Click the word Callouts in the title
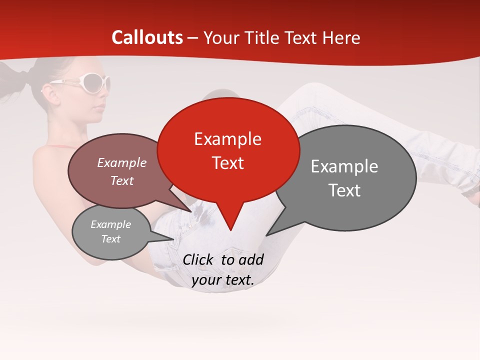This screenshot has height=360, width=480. click(147, 37)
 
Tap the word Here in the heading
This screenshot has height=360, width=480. click(340, 37)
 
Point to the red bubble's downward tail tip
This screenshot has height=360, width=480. click(230, 230)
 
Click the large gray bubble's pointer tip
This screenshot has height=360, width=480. click(266, 235)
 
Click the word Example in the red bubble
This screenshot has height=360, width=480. click(227, 139)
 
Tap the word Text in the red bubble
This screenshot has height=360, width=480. click(228, 163)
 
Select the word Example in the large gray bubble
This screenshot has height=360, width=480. click(344, 166)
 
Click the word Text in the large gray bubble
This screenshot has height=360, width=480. click(345, 190)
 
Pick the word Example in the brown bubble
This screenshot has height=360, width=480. click(122, 163)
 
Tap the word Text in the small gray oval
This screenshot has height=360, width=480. click(111, 239)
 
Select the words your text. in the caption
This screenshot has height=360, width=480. click(223, 280)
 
